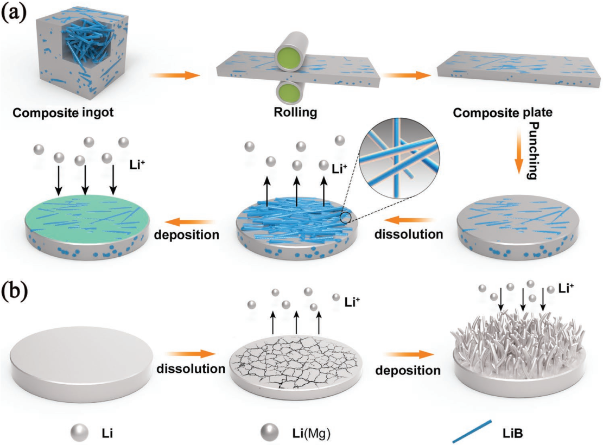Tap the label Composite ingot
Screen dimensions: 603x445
coord(63,113)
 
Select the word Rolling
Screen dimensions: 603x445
coord(295,112)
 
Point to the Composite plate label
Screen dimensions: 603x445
coord(503,113)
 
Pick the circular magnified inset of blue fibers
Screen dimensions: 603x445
coord(399,158)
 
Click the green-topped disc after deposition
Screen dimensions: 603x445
coord(86,226)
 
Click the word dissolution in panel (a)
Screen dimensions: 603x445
coord(409,234)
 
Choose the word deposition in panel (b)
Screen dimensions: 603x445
coord(408,370)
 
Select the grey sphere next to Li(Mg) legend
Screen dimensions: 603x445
coord(270,433)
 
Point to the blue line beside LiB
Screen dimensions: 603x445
coord(472,431)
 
